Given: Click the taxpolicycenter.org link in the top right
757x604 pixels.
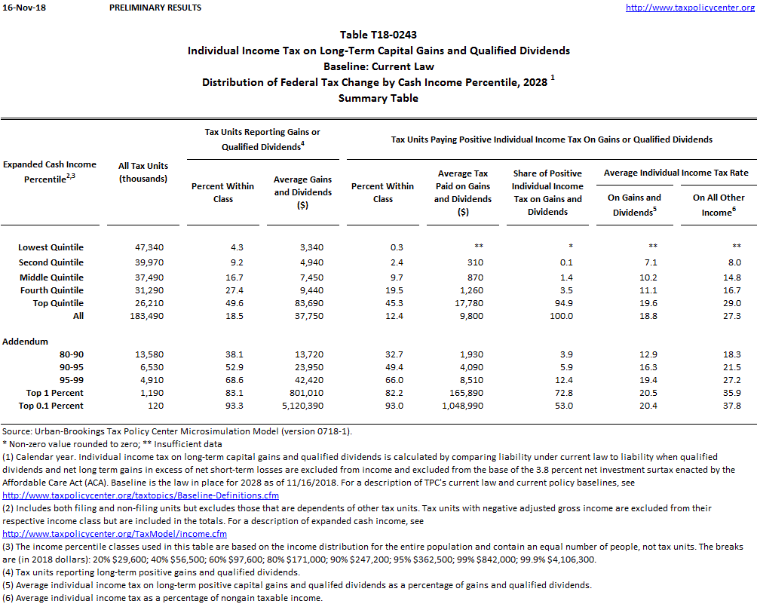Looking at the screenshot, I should (690, 8).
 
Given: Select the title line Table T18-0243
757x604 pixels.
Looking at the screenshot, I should (378, 35).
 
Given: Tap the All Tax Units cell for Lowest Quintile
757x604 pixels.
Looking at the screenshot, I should (144, 247).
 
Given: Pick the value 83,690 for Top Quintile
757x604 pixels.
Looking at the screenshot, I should (302, 303).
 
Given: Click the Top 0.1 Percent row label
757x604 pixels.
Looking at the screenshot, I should (51, 406).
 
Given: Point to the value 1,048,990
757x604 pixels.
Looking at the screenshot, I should (464, 406).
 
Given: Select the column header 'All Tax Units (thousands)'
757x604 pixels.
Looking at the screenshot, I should (143, 172).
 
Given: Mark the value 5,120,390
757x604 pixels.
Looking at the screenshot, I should (302, 406).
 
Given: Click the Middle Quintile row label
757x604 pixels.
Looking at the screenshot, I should (51, 277).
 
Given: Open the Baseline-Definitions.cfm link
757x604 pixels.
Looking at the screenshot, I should (141, 495).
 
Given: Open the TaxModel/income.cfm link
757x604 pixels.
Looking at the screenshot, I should (115, 534).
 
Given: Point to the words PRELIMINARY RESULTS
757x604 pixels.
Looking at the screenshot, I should (155, 8).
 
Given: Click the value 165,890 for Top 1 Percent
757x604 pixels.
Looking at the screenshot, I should (464, 393).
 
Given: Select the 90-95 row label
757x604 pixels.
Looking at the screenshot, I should (71, 366).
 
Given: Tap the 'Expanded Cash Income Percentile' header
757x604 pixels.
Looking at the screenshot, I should (49, 172).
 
